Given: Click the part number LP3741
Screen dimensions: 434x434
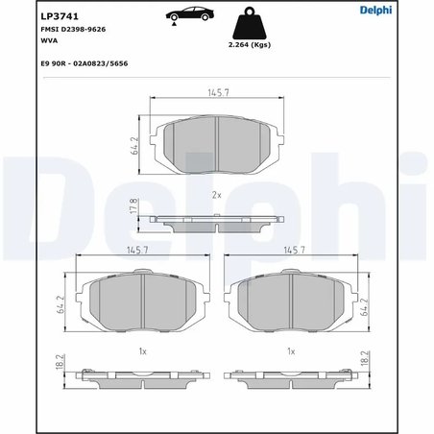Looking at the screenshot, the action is point(60,16).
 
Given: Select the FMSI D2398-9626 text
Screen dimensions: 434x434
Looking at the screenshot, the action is point(73,30).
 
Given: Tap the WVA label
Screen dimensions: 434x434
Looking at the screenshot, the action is point(49,40).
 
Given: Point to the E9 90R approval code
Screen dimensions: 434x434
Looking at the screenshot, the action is point(84,63).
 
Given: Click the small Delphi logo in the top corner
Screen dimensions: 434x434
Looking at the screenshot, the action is point(375,10).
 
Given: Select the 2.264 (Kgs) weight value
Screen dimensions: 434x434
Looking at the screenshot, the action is point(250,45).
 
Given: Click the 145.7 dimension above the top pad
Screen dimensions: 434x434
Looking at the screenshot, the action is point(219,93).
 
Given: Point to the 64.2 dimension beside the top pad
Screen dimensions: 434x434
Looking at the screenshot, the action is point(134,146).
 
